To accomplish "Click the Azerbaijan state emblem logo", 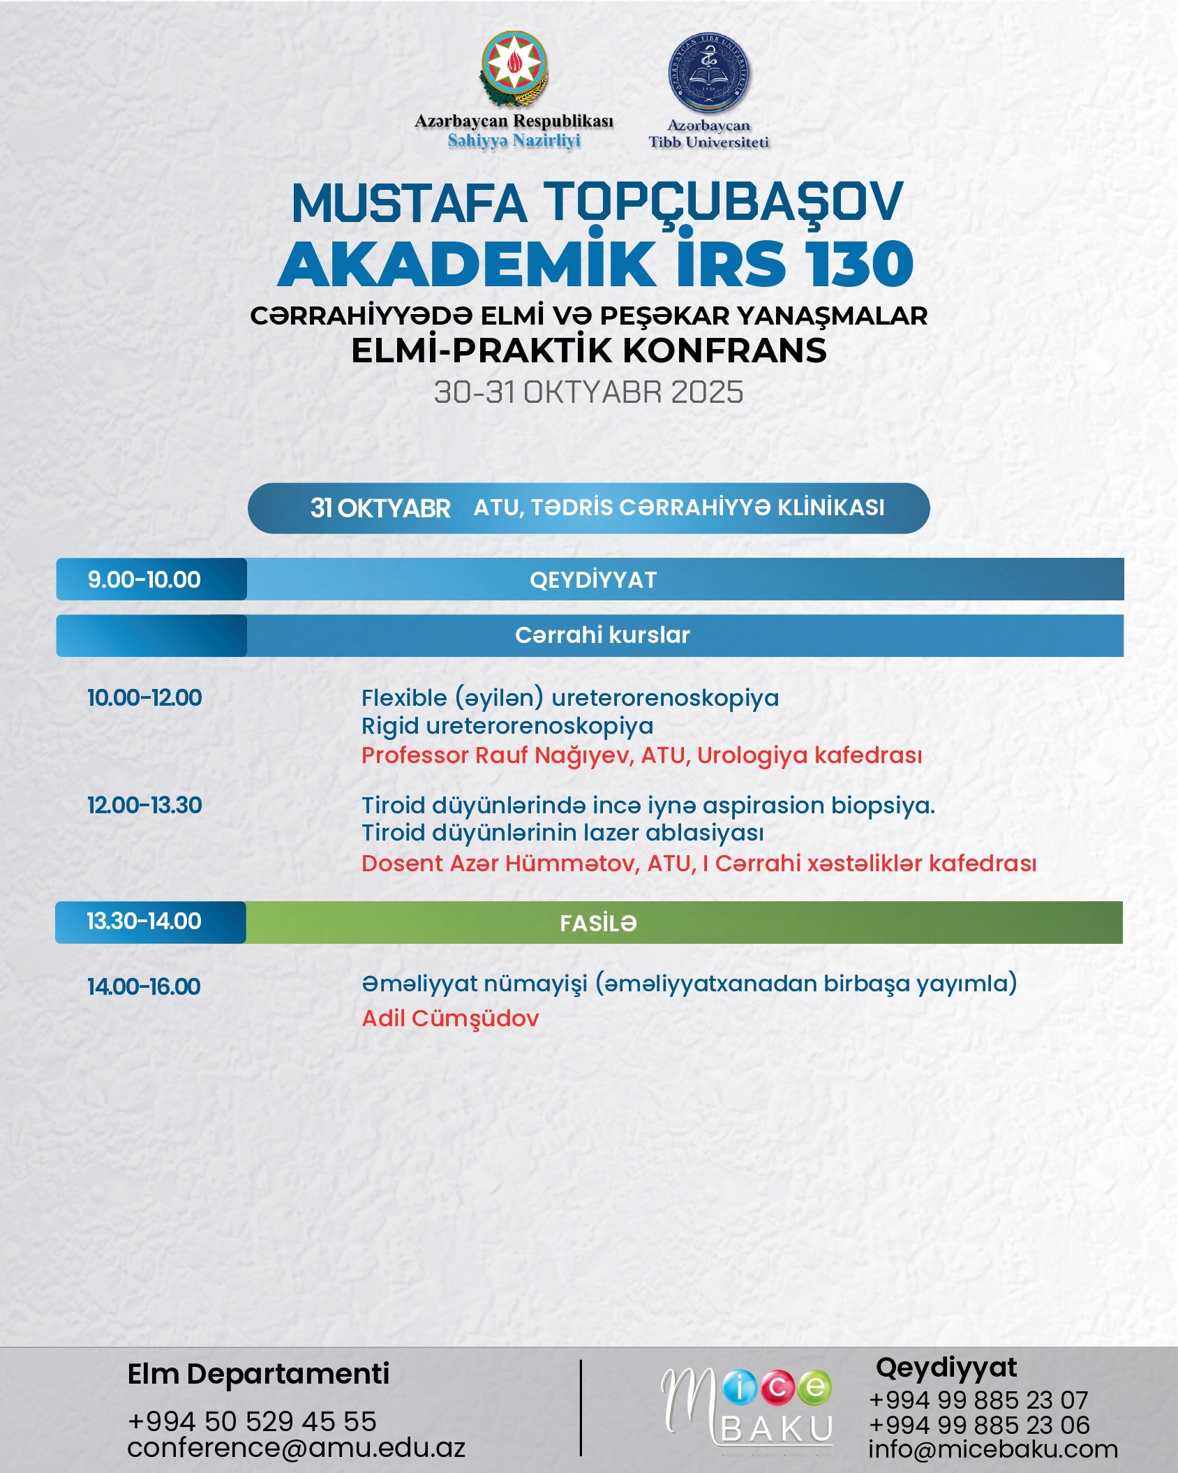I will (x=514, y=70).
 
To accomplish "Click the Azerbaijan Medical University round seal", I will (x=709, y=74).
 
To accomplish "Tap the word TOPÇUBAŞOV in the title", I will (x=723, y=203).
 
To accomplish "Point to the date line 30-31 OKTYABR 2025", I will (x=588, y=392).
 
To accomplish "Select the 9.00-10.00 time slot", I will (x=144, y=579).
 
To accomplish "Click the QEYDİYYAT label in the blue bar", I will (x=593, y=580).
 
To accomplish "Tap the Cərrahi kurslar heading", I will (x=602, y=635).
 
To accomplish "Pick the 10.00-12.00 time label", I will (x=144, y=698).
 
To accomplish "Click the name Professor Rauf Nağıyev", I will (x=496, y=755).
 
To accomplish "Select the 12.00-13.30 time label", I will (x=144, y=806).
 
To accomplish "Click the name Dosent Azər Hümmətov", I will (x=500, y=864).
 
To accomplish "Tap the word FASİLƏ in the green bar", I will (x=598, y=924).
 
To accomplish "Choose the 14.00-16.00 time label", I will (x=144, y=987).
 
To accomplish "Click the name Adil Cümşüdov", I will (x=450, y=1019).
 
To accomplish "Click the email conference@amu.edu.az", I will (x=296, y=1448).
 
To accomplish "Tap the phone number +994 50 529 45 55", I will (x=252, y=1421).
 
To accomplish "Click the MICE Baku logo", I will (x=747, y=1405).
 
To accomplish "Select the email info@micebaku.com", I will (x=992, y=1449).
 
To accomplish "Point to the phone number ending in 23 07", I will (x=978, y=1400).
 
